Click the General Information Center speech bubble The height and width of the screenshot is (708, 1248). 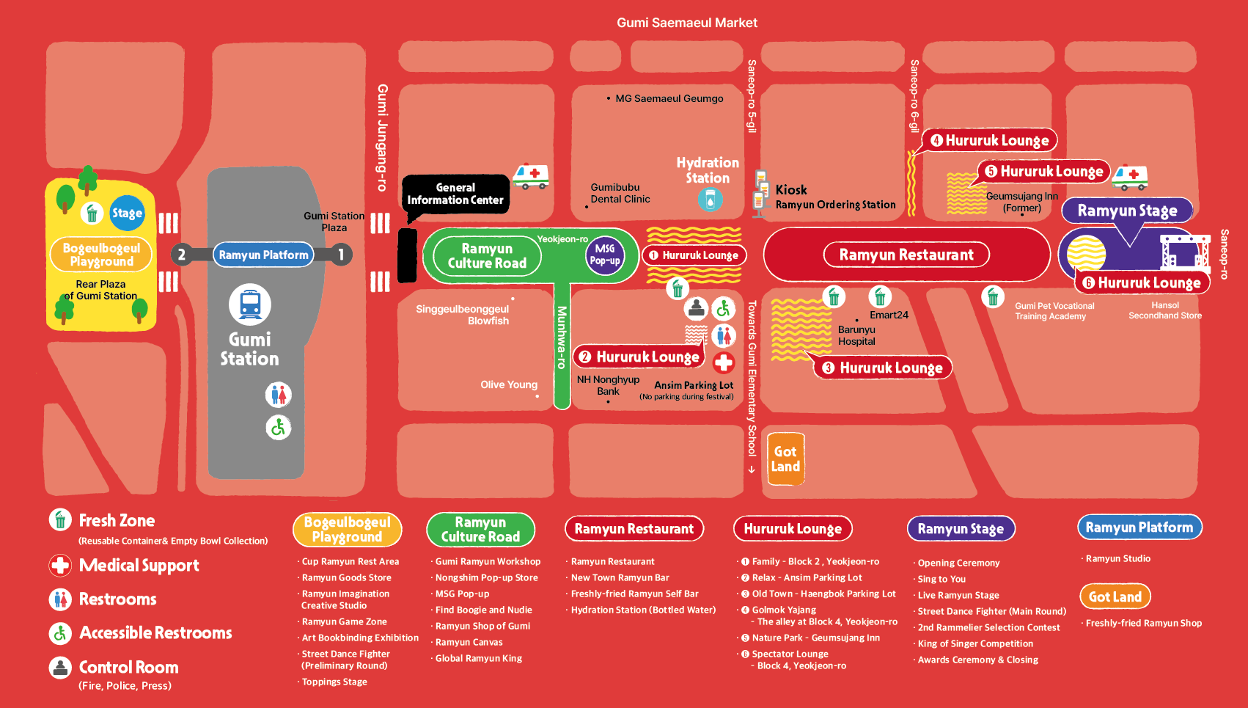click(455, 194)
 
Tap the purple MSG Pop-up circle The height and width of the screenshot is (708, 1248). click(605, 255)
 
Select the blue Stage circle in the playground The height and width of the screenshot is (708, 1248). click(127, 213)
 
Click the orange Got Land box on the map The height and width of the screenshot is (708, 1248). click(785, 459)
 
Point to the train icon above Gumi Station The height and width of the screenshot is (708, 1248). click(250, 304)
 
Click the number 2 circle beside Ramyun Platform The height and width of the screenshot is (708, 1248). click(182, 255)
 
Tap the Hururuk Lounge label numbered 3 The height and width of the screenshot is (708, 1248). click(883, 368)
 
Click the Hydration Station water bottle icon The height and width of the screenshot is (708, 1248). click(710, 199)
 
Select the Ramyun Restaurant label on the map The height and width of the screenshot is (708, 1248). click(906, 255)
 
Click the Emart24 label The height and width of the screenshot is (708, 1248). click(889, 315)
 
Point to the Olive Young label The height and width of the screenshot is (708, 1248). click(509, 384)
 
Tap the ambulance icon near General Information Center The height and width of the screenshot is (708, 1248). click(531, 176)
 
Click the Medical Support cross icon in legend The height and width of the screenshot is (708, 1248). click(60, 566)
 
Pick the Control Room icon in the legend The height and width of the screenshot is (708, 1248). click(60, 668)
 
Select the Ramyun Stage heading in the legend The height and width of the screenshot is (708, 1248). click(961, 528)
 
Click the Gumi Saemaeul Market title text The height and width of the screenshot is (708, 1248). click(687, 23)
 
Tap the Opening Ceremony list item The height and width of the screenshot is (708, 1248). click(958, 563)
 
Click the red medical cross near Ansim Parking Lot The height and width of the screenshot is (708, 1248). click(724, 362)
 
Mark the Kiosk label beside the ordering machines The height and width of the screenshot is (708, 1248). click(791, 190)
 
